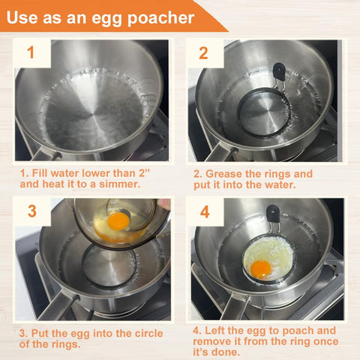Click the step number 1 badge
point(31,53)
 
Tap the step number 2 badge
point(202,53)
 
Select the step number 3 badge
point(31,211)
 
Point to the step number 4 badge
point(202,211)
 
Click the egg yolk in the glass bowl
point(118,221)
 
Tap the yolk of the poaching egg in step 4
point(261,268)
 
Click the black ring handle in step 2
point(279,73)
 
